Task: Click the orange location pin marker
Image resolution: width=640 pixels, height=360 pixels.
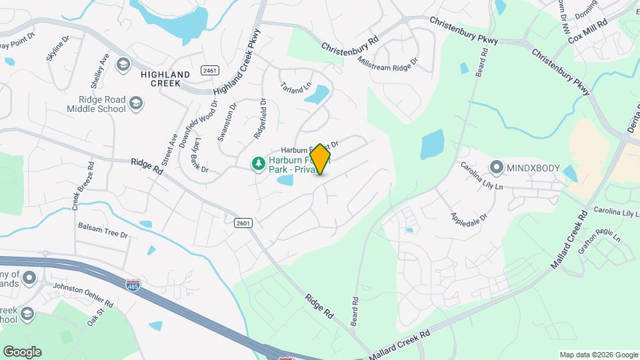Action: [321, 159]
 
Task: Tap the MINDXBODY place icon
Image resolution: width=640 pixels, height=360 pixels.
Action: [496, 167]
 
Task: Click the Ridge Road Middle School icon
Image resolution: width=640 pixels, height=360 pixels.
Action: [136, 103]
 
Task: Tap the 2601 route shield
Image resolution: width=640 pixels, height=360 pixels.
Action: [243, 223]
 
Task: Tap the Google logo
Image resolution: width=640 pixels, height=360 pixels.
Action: [22, 352]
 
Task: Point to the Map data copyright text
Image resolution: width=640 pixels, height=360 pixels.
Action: [599, 355]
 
